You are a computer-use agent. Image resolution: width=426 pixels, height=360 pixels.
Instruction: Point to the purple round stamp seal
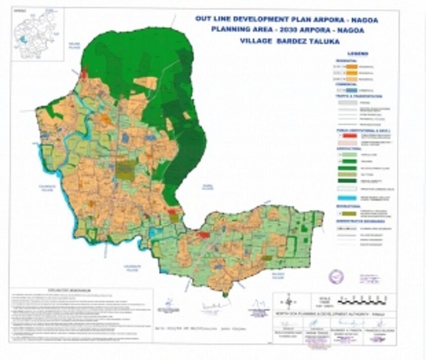[x=336, y=276]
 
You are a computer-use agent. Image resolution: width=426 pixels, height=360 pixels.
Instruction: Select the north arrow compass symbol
[x=288, y=301]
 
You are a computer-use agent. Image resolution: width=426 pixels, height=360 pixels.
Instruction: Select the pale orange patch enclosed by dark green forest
[x=145, y=83]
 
